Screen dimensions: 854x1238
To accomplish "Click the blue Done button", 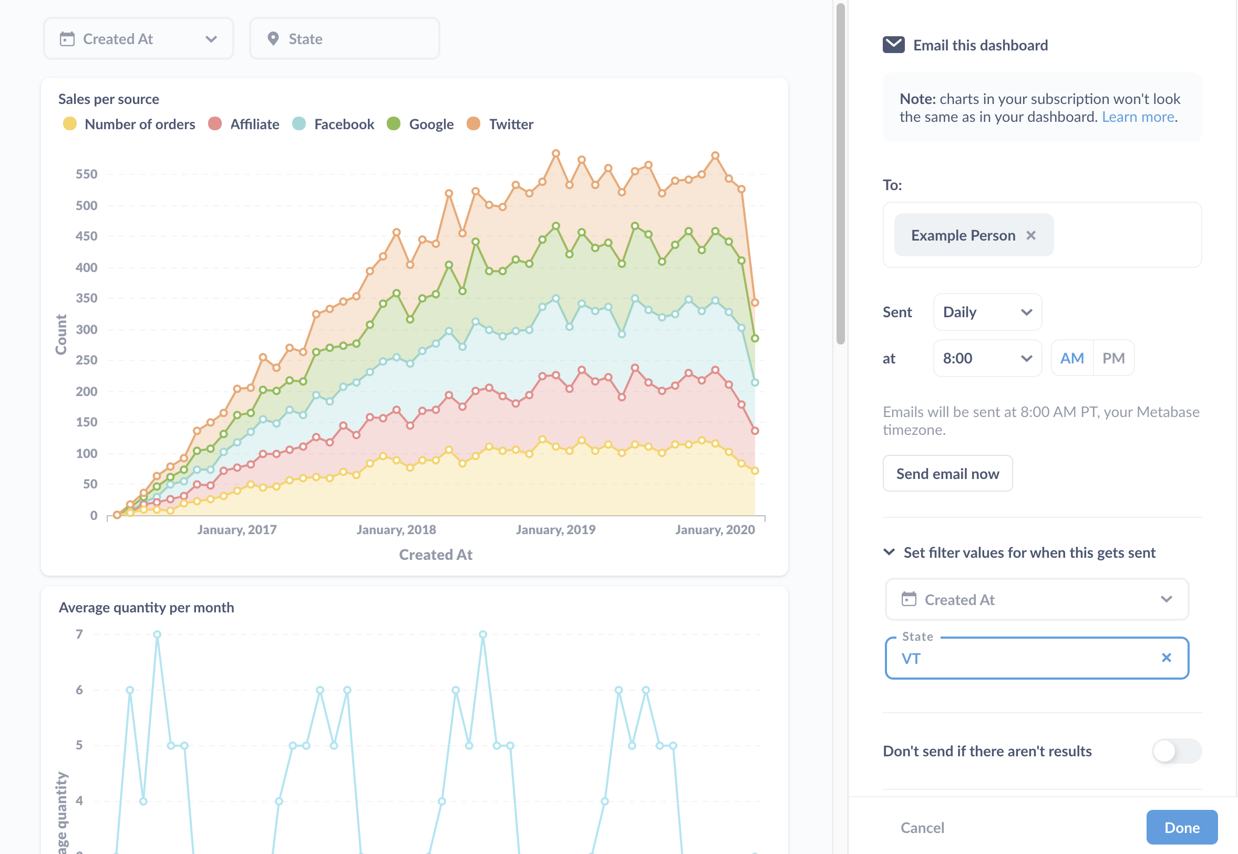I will (x=1181, y=827).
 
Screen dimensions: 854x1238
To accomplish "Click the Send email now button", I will (x=947, y=474).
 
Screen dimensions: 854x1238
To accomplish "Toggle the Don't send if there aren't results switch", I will (x=1176, y=751).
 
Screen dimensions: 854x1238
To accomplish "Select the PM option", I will (x=1113, y=358).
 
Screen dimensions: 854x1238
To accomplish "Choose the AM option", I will (x=1071, y=358).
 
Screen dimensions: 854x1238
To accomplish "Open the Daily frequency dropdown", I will (x=986, y=312).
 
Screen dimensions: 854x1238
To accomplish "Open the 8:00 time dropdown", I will (x=986, y=358).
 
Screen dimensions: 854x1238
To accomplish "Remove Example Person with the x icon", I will (x=1030, y=235).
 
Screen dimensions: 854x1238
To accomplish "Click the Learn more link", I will (x=1138, y=117).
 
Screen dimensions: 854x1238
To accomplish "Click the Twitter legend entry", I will (x=511, y=124).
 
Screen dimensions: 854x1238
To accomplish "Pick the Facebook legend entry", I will (x=344, y=124).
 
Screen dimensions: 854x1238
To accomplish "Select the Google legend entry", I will (x=431, y=124).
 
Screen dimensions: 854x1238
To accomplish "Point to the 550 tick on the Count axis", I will (x=87, y=174).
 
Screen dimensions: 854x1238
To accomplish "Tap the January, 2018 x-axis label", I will (x=396, y=530).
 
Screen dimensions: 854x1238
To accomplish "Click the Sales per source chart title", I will (x=109, y=99).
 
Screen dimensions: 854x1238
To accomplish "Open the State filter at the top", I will (x=344, y=38).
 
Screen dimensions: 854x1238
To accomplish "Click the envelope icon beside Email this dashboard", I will (x=893, y=45).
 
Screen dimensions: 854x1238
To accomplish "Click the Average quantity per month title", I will (x=146, y=607).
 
